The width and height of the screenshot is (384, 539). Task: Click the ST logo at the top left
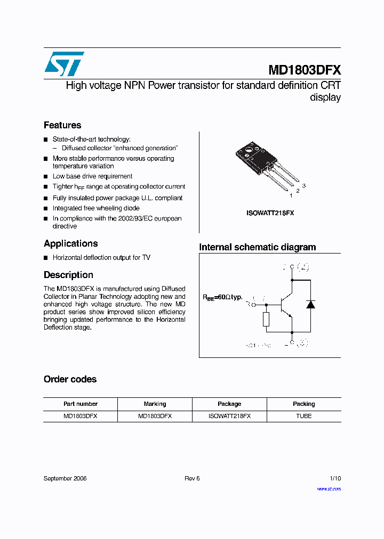coord(64,64)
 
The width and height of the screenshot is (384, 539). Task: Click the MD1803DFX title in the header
coord(305,70)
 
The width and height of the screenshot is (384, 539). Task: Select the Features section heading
coord(62,125)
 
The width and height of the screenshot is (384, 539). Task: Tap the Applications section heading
coord(70,243)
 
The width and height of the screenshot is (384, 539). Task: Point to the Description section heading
coord(68,275)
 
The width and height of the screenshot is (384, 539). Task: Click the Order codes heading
coord(70,379)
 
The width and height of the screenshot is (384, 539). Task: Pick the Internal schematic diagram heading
coord(257,247)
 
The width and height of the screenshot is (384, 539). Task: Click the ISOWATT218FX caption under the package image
coord(270,213)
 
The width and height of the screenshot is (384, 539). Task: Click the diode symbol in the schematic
coord(310,305)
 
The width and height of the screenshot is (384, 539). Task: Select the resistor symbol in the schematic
coord(266,319)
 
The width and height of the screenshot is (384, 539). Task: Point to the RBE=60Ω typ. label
coord(222,297)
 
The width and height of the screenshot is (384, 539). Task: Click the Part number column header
coord(80,404)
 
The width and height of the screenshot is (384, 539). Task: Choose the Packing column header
coord(303,404)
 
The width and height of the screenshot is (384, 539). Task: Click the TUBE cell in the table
coord(303,416)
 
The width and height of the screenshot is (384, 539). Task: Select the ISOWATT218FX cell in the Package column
coord(229,416)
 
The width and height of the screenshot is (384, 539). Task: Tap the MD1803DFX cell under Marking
coord(155,416)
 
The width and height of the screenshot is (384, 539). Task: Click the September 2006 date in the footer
coord(65,478)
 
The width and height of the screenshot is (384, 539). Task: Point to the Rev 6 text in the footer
coord(192,478)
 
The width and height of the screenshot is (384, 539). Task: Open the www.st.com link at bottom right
coord(329,488)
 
